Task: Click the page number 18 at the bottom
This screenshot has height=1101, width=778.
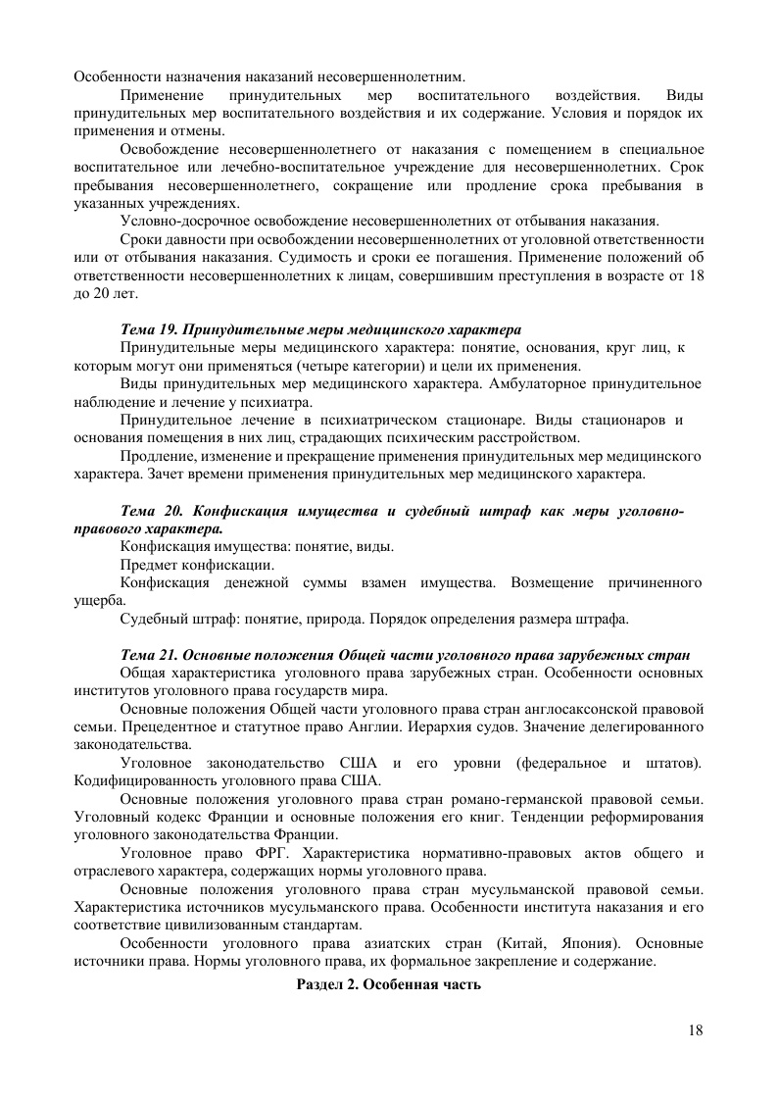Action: point(696,1029)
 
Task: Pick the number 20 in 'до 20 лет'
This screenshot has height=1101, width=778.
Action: point(103,293)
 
